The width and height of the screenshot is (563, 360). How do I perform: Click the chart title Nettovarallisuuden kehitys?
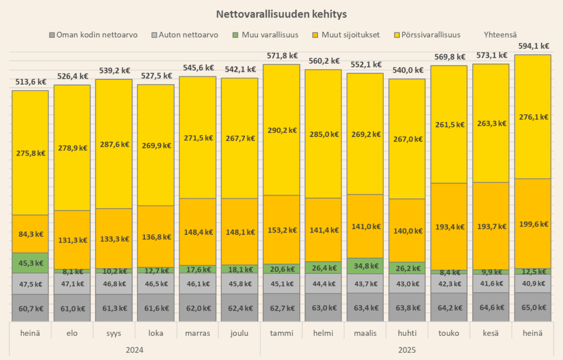pos(281,13)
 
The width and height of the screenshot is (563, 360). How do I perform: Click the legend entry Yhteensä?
pos(500,35)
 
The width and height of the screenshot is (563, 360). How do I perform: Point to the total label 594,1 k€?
pos(532,46)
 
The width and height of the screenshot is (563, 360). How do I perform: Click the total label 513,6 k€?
pos(30,82)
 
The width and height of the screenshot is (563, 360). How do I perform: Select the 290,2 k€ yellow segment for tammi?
pos(281,130)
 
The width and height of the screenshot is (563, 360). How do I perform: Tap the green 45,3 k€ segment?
pos(30,263)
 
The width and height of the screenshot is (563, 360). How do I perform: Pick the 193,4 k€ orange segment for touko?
pos(449,226)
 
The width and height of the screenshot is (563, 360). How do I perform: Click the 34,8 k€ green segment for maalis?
pos(365,266)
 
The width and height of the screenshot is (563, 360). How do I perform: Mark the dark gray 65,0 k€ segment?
pos(532,308)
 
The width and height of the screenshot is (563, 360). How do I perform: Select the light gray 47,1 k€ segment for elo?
pos(72,284)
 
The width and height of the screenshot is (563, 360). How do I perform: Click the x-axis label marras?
pos(197,333)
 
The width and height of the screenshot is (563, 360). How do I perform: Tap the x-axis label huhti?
pos(407,333)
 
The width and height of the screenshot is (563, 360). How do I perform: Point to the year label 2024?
pos(135,350)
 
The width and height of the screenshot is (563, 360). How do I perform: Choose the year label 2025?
pos(407,350)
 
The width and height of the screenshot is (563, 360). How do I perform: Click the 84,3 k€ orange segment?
pos(30,234)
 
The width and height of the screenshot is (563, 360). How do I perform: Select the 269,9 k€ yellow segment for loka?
pos(156,145)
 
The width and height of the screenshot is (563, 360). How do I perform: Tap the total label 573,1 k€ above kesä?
pos(490,56)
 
